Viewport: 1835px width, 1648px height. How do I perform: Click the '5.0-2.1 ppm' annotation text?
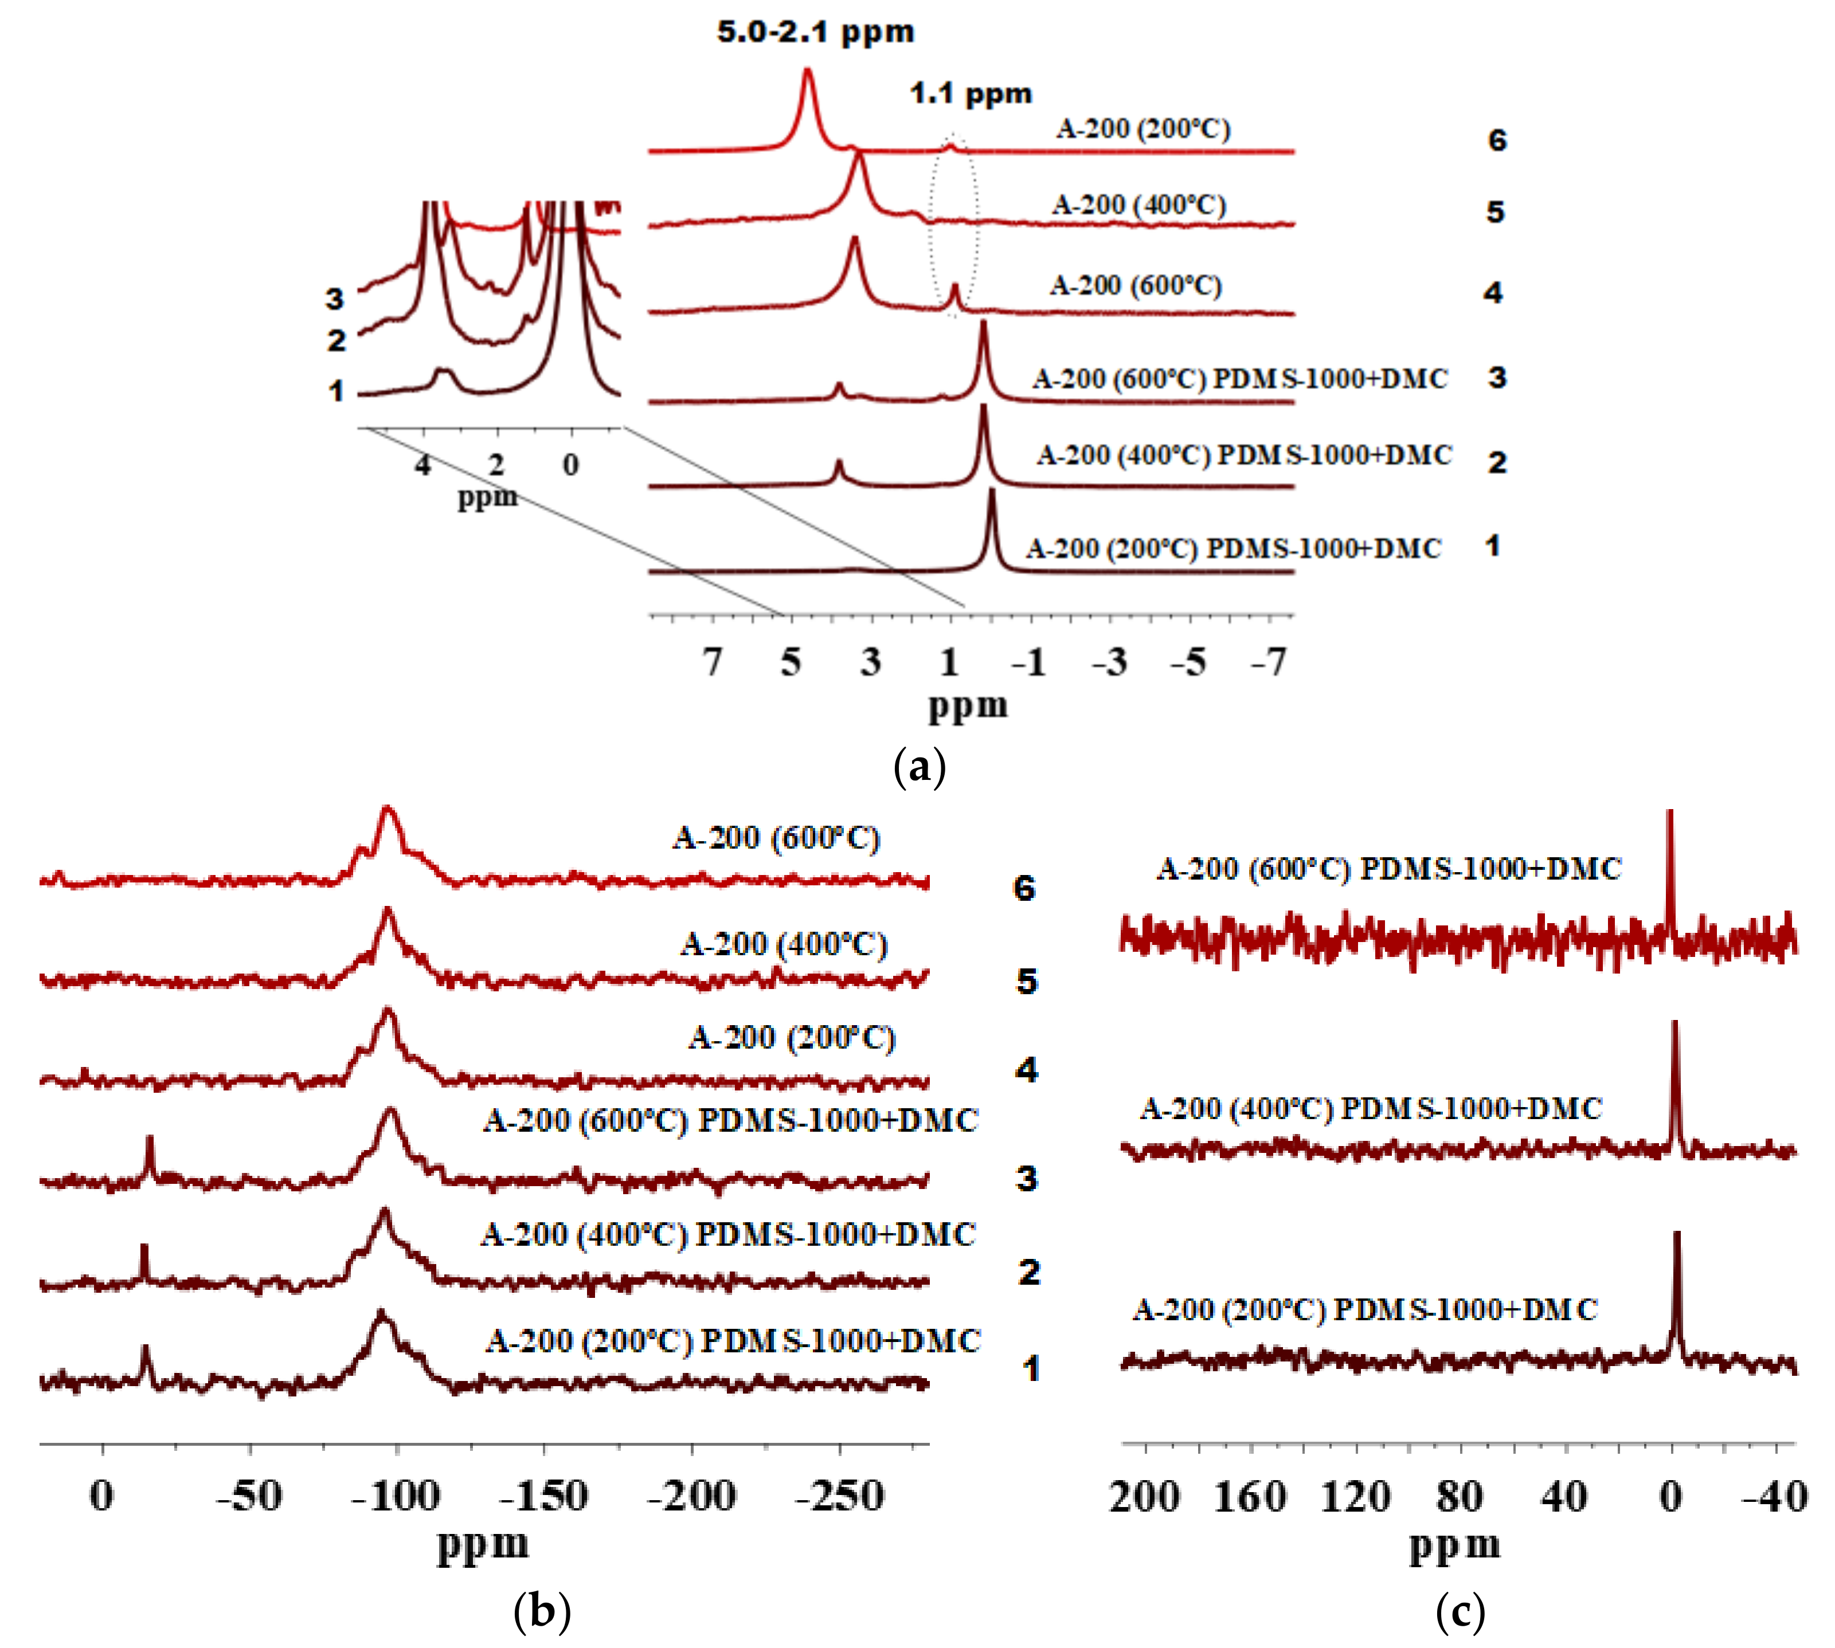point(815,32)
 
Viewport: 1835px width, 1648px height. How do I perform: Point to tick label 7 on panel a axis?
point(713,663)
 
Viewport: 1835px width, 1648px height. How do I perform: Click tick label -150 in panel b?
point(543,1496)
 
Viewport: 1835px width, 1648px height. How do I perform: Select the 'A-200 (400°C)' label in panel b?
point(784,944)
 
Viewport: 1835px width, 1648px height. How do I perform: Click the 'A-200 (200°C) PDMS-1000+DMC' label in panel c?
point(1364,1309)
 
